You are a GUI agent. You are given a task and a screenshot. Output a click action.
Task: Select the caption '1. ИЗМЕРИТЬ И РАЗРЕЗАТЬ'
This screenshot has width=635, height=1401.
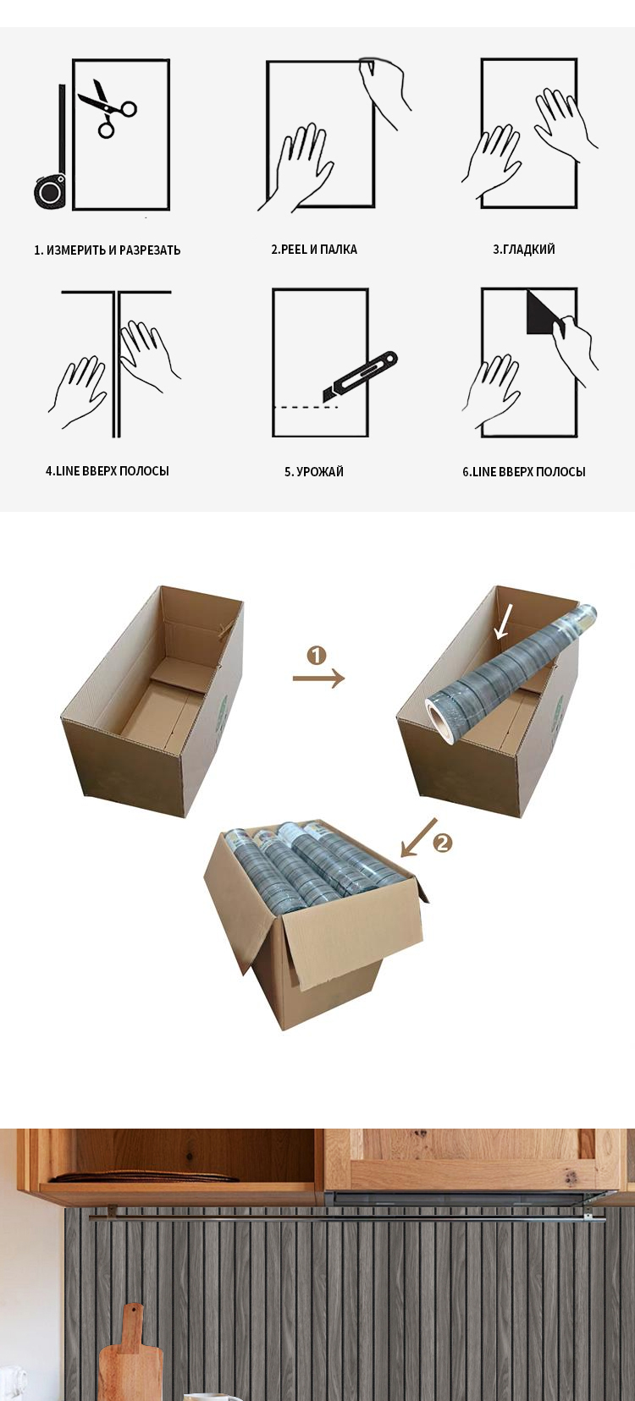(107, 250)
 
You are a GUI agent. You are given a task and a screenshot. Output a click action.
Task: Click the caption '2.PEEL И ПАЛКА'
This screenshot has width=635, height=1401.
(314, 250)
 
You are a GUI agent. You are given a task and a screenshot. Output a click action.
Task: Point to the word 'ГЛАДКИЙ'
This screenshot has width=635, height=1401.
(529, 250)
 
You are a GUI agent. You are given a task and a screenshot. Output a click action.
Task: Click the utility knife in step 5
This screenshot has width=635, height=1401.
(360, 376)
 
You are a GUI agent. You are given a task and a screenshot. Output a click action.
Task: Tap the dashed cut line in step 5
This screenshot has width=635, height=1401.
(306, 407)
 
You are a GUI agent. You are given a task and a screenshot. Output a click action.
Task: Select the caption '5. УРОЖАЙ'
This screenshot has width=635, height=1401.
(314, 471)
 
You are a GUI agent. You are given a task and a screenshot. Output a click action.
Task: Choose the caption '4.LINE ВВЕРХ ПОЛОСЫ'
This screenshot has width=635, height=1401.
(107, 471)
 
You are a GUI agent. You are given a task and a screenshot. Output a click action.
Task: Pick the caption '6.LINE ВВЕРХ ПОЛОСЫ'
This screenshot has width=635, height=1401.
(524, 471)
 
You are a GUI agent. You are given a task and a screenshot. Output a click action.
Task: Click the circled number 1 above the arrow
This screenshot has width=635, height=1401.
(317, 656)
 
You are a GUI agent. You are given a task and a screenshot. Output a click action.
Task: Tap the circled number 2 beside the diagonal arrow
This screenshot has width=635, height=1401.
(442, 843)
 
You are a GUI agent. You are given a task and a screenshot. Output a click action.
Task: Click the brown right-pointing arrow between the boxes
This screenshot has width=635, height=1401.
(319, 678)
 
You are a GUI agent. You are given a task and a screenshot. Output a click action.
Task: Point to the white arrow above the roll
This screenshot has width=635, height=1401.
(503, 620)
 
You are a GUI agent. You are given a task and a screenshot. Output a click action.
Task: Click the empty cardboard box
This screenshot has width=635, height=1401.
(152, 700)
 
